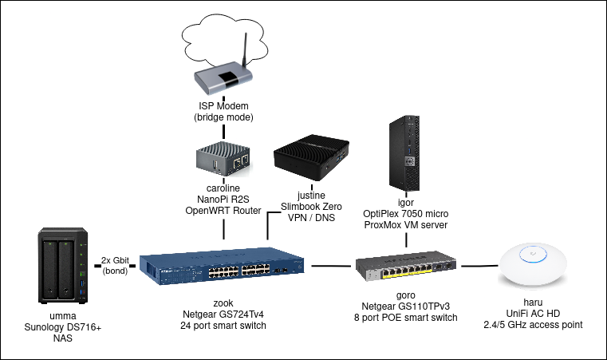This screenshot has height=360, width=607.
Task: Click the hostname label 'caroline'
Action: coord(223,188)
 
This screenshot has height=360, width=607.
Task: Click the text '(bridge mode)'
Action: coord(224,117)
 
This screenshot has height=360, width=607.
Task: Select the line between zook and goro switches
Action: coord(332,265)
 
